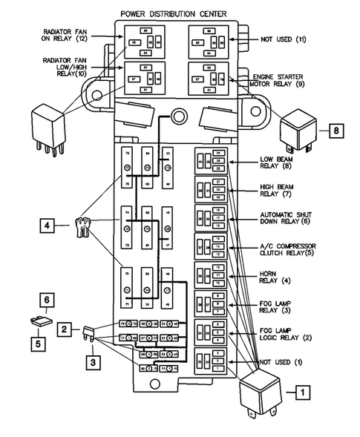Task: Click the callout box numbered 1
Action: [301, 390]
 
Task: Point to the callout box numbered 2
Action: [66, 327]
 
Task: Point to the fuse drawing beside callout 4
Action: [84, 226]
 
